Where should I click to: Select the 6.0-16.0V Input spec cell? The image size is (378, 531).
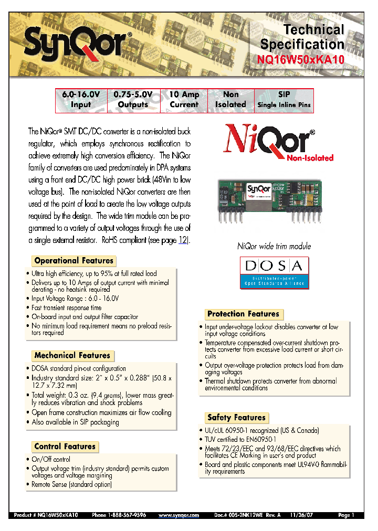coord(81,100)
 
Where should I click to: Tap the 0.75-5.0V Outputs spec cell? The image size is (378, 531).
coord(133,100)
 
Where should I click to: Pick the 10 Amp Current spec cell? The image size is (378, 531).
coord(184,100)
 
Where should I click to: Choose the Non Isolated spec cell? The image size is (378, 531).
coord(230,100)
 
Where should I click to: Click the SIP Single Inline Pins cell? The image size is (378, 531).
coord(284,100)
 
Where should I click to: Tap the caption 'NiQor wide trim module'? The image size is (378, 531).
coord(274,246)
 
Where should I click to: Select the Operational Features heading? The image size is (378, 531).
coord(73,261)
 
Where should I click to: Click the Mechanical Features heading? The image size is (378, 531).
coord(72,356)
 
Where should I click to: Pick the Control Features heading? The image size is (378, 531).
coord(65,447)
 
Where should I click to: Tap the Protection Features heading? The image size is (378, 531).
coord(243,314)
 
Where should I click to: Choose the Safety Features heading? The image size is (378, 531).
coord(236,418)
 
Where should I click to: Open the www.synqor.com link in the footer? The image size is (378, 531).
coord(178,515)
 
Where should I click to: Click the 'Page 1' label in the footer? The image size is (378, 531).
coord(346,515)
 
